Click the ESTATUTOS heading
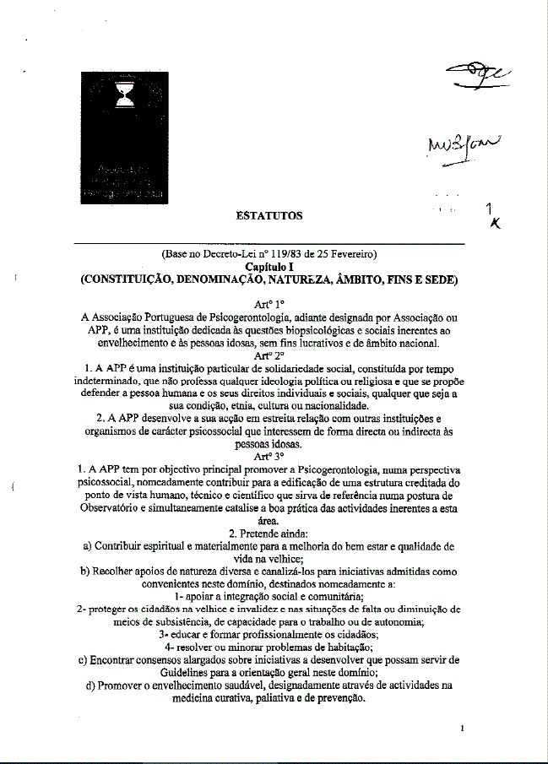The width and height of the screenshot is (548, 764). [x=269, y=216]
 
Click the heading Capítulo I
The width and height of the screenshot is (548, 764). [x=269, y=265]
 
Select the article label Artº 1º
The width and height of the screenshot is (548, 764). [x=270, y=302]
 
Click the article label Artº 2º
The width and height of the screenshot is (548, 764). [x=270, y=356]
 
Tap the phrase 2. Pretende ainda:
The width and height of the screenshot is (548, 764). [x=270, y=534]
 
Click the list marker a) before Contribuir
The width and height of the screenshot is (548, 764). [x=88, y=546]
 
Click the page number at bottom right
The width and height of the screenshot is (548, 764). [x=463, y=729]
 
